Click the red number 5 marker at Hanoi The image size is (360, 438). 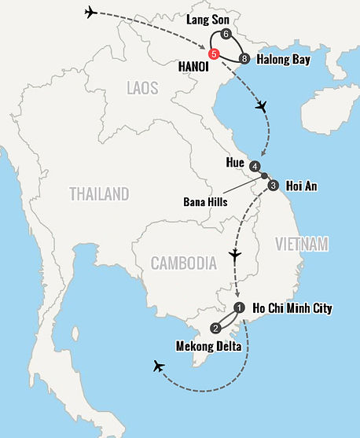click(x=214, y=53)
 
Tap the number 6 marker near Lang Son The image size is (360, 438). click(x=226, y=35)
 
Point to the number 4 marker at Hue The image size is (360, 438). click(x=255, y=167)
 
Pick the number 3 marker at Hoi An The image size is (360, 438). click(x=273, y=186)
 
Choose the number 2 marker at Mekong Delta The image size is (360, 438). click(x=216, y=328)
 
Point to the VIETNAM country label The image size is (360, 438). click(x=301, y=245)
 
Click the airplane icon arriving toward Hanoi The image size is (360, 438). click(x=91, y=13)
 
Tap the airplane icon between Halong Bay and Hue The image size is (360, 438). click(x=263, y=107)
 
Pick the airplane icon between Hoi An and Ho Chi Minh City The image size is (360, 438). click(x=234, y=256)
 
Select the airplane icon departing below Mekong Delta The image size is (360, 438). click(x=160, y=366)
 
